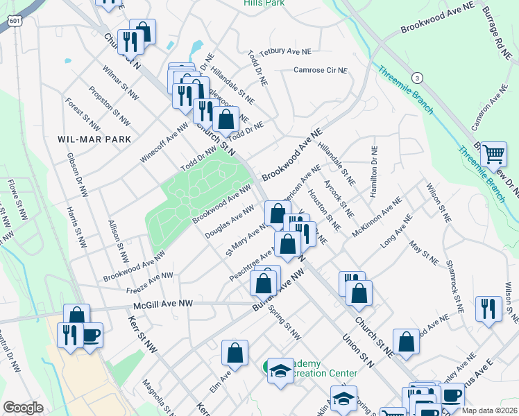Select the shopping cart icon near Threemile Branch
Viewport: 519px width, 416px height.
493,153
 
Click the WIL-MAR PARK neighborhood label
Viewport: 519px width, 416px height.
85,139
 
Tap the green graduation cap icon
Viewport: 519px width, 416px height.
280,372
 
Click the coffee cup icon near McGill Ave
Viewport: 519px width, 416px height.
91,336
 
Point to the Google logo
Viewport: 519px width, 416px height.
24,408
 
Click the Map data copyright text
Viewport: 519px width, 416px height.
490,410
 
